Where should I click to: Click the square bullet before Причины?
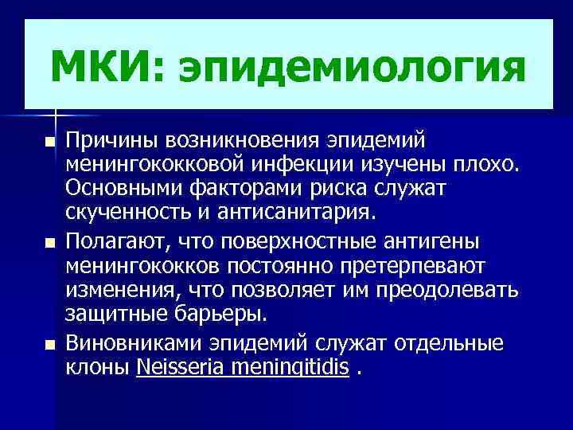pos(50,143)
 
